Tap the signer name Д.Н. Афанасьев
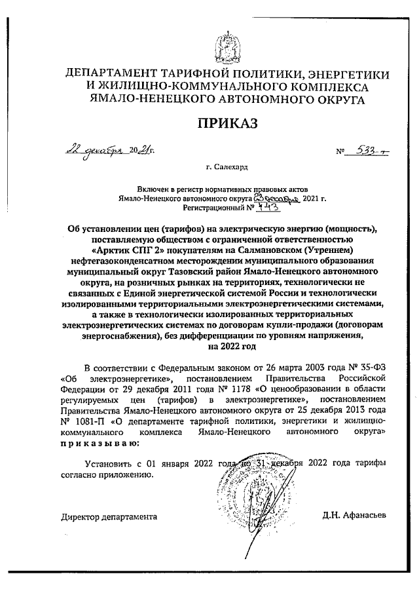point(354,516)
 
